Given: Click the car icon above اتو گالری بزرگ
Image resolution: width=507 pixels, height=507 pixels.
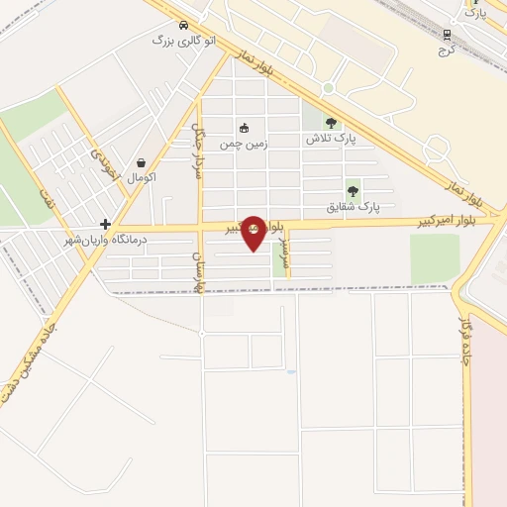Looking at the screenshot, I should [183, 25].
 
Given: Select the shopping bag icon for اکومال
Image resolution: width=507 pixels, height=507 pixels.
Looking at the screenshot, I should [142, 163].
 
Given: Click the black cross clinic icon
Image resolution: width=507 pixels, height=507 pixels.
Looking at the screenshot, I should [105, 225].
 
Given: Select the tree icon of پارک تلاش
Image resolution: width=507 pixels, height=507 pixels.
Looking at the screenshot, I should [331, 123].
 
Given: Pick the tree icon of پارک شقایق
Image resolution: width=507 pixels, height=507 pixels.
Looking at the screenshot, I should [353, 191].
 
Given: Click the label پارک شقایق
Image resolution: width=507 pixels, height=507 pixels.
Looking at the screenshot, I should [355, 207].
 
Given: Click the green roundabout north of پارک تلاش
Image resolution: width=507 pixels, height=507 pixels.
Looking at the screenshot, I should [328, 88].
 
